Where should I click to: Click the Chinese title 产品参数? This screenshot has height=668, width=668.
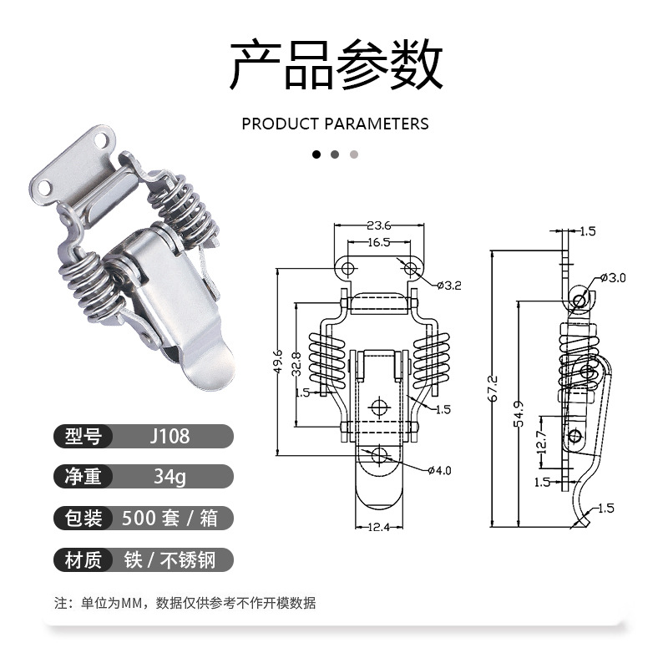tap(335, 65)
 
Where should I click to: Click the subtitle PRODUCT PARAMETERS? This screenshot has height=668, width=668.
tap(335, 124)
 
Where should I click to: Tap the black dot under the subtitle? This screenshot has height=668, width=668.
tap(316, 154)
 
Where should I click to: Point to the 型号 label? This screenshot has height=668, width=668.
tap(83, 436)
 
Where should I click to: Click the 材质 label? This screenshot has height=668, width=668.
tap(83, 559)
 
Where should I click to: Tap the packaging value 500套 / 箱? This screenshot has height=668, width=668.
tap(170, 518)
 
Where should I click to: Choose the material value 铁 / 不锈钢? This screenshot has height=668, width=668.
tap(170, 559)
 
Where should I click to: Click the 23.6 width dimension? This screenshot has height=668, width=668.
tap(378, 225)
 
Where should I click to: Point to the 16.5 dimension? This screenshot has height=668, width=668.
tap(378, 242)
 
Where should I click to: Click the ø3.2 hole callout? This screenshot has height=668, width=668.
tap(448, 286)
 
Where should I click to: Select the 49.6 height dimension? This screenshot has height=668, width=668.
tap(278, 363)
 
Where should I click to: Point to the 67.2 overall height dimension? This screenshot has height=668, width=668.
tap(493, 387)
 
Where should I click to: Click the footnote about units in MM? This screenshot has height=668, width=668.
tap(185, 603)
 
